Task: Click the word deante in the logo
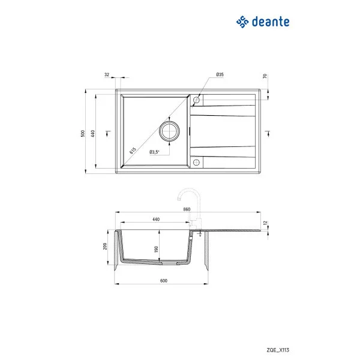coord(271,22)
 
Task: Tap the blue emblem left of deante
coord(242,22)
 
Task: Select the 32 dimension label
coord(107,75)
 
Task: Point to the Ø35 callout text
coord(220,75)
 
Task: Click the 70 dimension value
coord(265,76)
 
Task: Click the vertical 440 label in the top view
coord(93,133)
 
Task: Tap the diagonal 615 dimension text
coord(133,151)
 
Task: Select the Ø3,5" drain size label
coord(154,152)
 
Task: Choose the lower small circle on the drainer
coord(196,162)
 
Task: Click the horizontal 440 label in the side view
coord(156,220)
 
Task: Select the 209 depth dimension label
coord(105,247)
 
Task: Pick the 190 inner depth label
coord(156,249)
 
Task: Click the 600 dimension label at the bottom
coord(163,281)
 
